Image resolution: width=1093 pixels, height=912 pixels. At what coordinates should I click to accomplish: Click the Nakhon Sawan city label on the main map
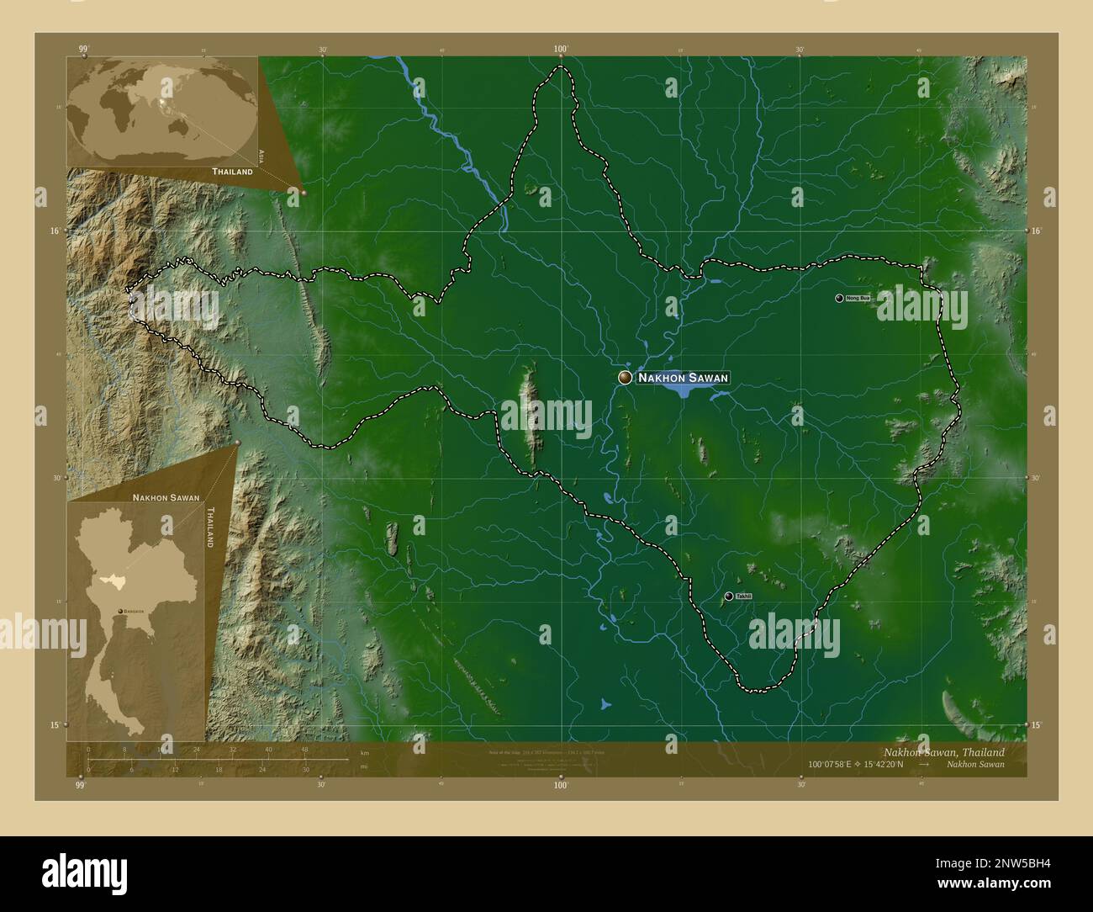[x=682, y=379]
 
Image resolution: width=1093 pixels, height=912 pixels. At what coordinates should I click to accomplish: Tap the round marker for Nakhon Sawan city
[x=625, y=378]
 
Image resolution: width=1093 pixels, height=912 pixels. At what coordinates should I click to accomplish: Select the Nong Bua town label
[x=858, y=299]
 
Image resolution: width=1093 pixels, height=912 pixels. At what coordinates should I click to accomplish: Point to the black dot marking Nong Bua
[x=839, y=298]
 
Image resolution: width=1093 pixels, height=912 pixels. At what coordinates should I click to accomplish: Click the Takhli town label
[x=743, y=597]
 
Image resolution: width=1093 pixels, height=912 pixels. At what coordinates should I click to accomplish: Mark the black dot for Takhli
[x=728, y=596]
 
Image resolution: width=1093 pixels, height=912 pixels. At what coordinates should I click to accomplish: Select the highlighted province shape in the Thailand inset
[x=109, y=579]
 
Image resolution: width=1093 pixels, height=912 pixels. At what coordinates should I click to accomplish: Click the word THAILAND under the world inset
[x=232, y=172]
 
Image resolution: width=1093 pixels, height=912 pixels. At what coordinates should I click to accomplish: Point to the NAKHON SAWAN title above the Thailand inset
[x=166, y=497]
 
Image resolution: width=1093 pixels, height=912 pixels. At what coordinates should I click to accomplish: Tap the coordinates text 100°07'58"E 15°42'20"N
[x=855, y=764]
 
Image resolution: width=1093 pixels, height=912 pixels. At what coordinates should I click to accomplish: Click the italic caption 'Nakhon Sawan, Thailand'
[x=943, y=751]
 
